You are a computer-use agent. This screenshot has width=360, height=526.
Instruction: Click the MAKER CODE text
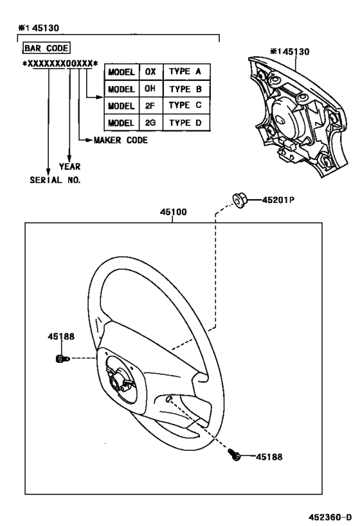120,139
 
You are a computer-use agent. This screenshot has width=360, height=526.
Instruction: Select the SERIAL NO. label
55,180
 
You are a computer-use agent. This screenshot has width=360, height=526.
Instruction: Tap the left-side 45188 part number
60,336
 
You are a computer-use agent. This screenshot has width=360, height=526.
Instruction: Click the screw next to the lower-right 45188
236,455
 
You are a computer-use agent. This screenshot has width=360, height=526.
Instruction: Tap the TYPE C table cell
185,105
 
